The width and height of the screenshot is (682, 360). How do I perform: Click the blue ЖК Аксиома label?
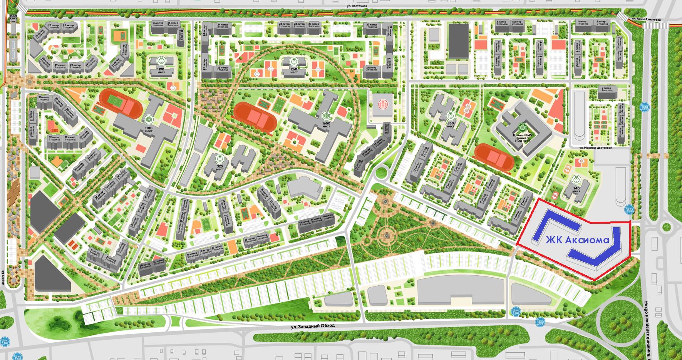coord(577,240)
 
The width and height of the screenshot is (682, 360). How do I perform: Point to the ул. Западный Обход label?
coord(313,326)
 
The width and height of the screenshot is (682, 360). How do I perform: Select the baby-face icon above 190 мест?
coord(161,61)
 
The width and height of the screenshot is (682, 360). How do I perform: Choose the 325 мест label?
coord(220,167)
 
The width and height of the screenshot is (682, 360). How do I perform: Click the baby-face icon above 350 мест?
coord(451,116)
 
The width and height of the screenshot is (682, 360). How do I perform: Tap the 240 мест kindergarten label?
coord(576,189)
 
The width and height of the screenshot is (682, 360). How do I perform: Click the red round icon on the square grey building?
coord(382,103)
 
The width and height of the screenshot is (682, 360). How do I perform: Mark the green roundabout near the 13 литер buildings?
coord(382,172)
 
